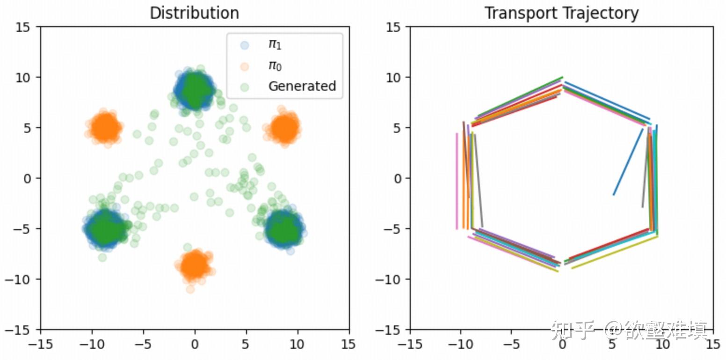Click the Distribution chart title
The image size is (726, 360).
click(x=194, y=13)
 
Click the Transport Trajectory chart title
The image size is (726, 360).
click(x=561, y=13)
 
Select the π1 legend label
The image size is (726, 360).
click(x=275, y=45)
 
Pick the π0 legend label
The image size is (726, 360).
click(x=275, y=65)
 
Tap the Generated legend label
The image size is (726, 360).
click(x=302, y=86)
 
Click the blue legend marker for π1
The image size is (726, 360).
click(x=243, y=45)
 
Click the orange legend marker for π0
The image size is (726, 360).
click(x=243, y=65)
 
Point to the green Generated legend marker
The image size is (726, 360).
click(x=243, y=86)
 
